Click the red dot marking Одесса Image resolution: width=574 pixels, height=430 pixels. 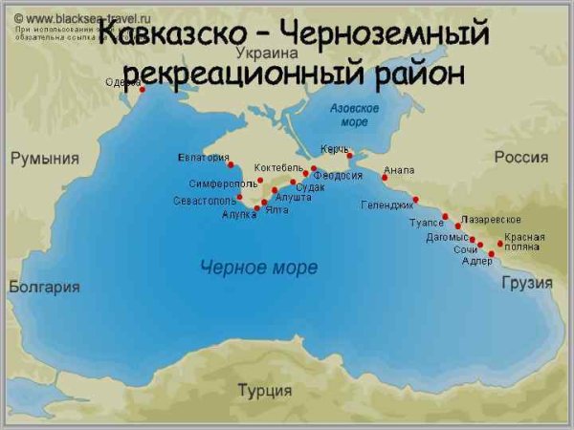pyautogui.click(x=142, y=90)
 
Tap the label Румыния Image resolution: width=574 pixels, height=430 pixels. pyautogui.click(x=44, y=159)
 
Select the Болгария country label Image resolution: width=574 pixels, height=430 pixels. pyautogui.click(x=44, y=287)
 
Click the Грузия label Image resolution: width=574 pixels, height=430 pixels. pyautogui.click(x=527, y=283)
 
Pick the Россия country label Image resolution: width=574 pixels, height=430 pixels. pyautogui.click(x=521, y=158)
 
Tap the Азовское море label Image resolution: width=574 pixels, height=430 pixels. pyautogui.click(x=354, y=115)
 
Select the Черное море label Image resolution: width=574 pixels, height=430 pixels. pyautogui.click(x=259, y=268)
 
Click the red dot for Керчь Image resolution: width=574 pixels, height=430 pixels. pyautogui.click(x=350, y=155)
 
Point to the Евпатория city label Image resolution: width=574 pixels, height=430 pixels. pyautogui.click(x=204, y=158)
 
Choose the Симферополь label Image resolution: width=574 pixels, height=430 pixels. pyautogui.click(x=222, y=183)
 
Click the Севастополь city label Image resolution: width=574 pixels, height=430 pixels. pyautogui.click(x=204, y=201)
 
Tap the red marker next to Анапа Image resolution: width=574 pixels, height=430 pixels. pyautogui.click(x=385, y=178)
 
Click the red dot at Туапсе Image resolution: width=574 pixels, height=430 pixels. pyautogui.click(x=445, y=217)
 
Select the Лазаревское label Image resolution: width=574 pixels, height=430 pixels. pyautogui.click(x=491, y=220)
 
